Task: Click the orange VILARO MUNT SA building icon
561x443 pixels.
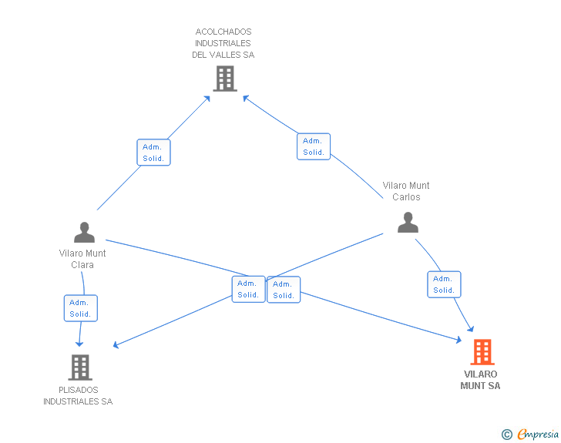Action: click(x=482, y=352)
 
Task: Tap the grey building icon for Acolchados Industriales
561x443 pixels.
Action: click(x=225, y=79)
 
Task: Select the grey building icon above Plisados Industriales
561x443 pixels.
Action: click(x=80, y=367)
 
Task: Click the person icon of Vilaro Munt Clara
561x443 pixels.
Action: click(x=85, y=232)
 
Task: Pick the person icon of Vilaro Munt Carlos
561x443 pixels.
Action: click(x=408, y=222)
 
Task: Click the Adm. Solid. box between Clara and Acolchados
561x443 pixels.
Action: click(x=153, y=153)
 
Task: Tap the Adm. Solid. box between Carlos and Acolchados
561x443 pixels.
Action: click(x=314, y=146)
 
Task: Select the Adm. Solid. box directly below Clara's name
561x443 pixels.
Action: click(x=80, y=308)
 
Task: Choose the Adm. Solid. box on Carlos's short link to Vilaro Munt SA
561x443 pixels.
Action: click(x=444, y=284)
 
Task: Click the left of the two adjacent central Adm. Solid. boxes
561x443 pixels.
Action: click(x=248, y=289)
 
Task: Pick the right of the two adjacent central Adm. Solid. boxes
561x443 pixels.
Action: click(x=284, y=290)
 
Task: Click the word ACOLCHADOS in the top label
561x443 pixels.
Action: click(x=223, y=32)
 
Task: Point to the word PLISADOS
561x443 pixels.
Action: click(x=79, y=390)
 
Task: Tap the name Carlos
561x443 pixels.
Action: click(x=406, y=196)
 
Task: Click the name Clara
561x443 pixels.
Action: click(x=82, y=265)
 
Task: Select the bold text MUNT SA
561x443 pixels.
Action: click(x=480, y=386)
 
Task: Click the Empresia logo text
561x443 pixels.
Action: click(x=538, y=434)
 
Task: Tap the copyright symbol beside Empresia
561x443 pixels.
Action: click(x=507, y=435)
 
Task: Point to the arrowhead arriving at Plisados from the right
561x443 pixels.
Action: click(x=116, y=345)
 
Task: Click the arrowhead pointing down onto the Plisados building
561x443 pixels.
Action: click(x=79, y=344)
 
